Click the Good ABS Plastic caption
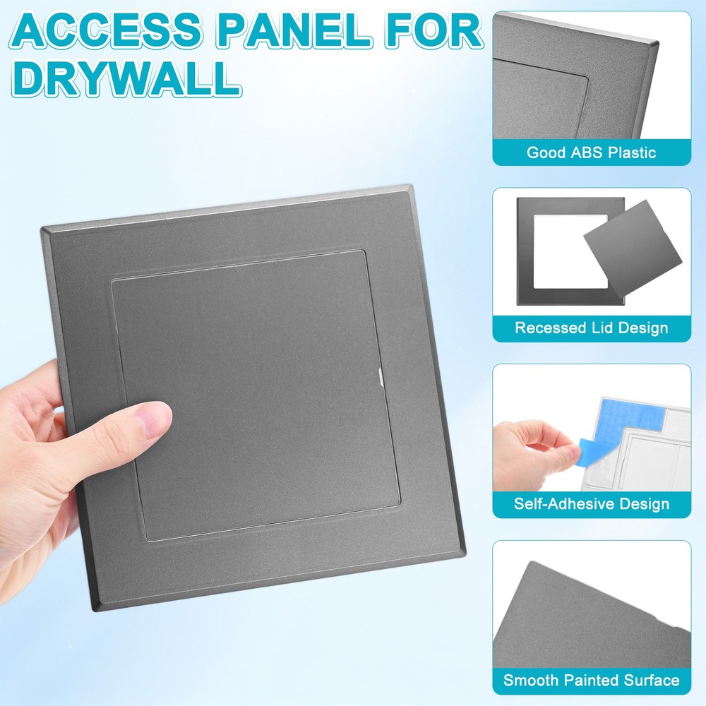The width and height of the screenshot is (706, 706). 591,152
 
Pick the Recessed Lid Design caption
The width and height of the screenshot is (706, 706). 591,328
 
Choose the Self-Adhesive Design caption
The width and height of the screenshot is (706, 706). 591,504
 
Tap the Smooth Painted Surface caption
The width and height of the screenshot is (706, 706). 591,681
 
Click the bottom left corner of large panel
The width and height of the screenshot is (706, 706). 92,608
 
